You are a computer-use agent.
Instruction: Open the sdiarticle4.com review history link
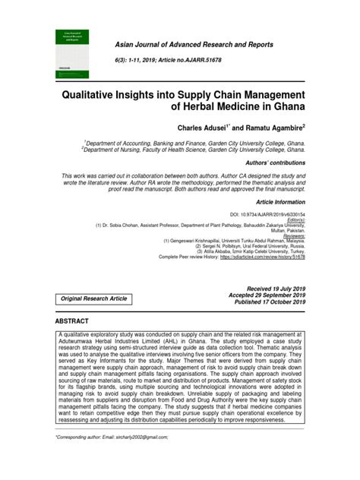click(263, 258)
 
